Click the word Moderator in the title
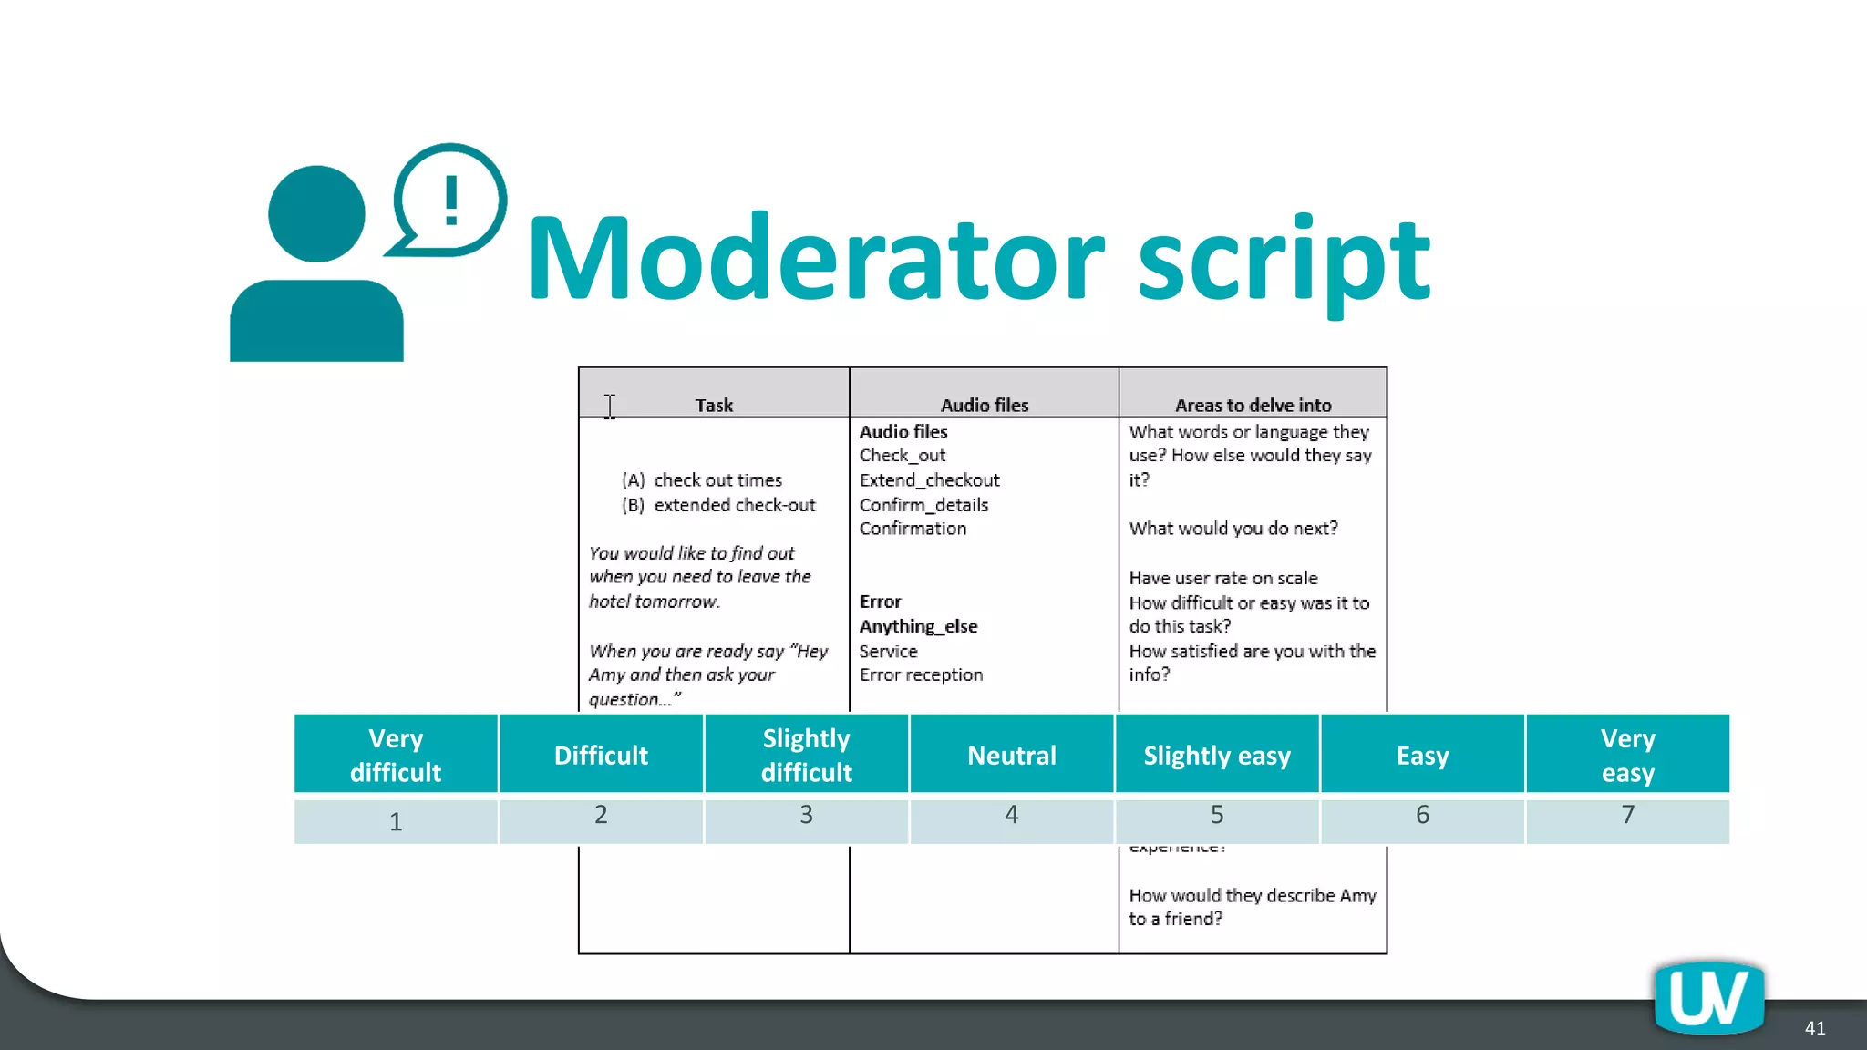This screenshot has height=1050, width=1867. [816, 260]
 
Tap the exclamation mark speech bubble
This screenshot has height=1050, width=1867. [450, 201]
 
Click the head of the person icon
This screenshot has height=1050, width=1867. [316, 214]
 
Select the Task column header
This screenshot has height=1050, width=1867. [714, 405]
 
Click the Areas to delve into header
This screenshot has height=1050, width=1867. [1253, 405]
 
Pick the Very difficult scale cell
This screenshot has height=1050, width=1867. [396, 755]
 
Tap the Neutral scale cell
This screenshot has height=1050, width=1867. [1011, 755]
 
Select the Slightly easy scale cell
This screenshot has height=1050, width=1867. [1217, 755]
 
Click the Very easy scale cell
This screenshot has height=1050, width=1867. [1627, 755]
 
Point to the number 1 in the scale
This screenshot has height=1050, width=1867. [396, 821]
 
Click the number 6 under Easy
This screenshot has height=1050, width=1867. [1422, 815]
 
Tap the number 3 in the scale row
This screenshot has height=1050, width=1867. [806, 815]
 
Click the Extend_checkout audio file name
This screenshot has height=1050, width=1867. [929, 480]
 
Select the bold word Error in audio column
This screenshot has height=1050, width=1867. [880, 602]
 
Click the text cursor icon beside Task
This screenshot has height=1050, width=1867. [610, 407]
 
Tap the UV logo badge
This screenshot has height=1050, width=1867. [1708, 998]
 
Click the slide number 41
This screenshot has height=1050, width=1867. [1814, 1028]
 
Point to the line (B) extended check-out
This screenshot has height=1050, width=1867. [718, 505]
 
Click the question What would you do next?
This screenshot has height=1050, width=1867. [1233, 529]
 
